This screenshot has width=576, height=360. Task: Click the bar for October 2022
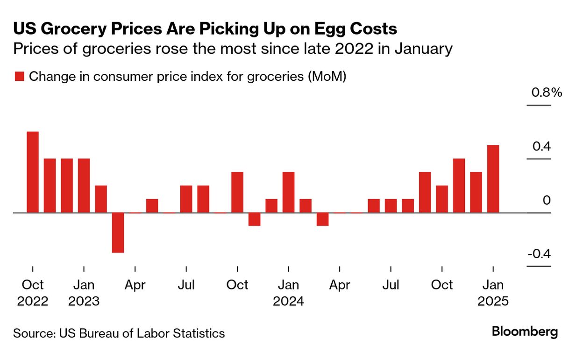coord(33,172)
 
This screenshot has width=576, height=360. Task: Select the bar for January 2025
coord(493,179)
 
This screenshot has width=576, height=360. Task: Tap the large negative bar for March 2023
coord(118,232)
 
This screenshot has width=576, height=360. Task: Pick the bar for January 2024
coord(288,192)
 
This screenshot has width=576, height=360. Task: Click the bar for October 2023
coord(237,192)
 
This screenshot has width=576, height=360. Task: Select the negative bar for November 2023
coord(254,219)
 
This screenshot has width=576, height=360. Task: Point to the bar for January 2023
coord(84,186)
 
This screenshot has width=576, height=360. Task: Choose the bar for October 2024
coord(442,199)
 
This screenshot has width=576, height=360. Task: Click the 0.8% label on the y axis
coord(547,93)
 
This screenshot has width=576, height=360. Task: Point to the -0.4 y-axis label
coord(540,254)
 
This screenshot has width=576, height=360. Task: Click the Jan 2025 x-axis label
coord(493,293)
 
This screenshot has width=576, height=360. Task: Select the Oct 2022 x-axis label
coord(33,293)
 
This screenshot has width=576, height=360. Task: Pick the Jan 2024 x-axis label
coord(288,293)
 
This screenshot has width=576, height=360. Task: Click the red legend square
coord(19,77)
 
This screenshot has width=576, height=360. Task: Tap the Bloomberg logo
coord(525,332)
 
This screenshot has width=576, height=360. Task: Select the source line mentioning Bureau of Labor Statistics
coord(119,333)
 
